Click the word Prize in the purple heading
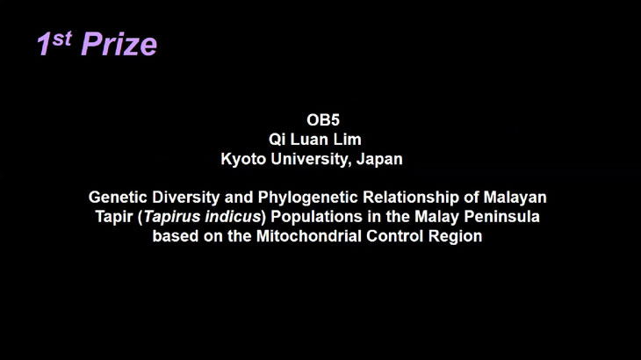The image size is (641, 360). (119, 44)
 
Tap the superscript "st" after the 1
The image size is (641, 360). (62, 39)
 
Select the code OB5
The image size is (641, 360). (323, 120)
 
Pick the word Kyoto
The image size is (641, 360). (243, 159)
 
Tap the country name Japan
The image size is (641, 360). (379, 159)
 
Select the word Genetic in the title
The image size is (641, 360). (118, 198)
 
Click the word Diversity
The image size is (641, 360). (186, 198)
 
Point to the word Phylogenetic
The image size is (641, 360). (308, 198)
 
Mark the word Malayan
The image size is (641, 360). (515, 198)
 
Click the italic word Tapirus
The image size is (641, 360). (172, 217)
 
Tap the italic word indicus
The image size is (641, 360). (233, 217)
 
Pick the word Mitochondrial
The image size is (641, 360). (308, 236)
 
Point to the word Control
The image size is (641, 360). (394, 236)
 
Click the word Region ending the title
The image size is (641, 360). (455, 236)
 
